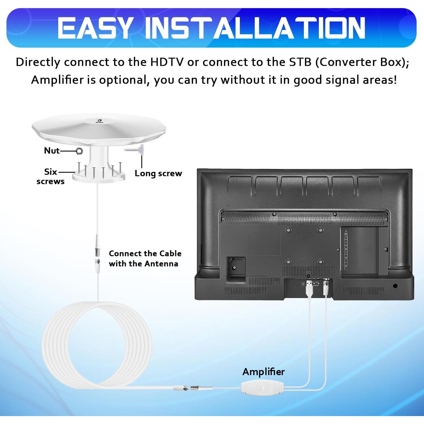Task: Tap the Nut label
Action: point(52,151)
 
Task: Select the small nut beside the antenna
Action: point(79,151)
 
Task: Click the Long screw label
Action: point(158,173)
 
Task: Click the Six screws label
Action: point(51,176)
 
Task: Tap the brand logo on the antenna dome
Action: point(99,121)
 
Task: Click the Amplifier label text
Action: point(263,372)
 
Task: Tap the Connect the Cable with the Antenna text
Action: point(145,258)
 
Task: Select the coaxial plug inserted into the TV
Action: point(326,287)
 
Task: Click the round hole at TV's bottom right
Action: point(395,286)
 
